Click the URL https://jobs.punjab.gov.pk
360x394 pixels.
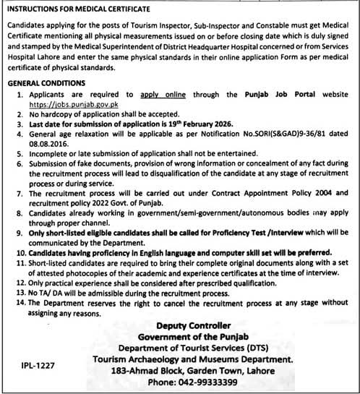pos(71,105)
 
